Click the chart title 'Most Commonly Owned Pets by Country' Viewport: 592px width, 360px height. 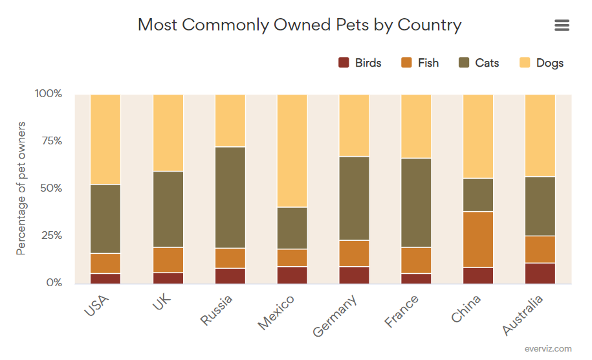click(x=300, y=25)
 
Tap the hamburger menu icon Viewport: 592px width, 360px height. click(x=562, y=25)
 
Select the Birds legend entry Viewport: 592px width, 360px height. click(x=360, y=63)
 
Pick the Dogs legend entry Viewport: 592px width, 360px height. click(x=542, y=63)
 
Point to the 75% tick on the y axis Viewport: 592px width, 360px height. click(x=49, y=141)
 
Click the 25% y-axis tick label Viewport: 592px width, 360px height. click(x=49, y=236)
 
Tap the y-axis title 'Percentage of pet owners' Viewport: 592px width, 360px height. click(x=21, y=188)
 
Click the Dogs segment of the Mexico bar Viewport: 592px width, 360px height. click(x=292, y=150)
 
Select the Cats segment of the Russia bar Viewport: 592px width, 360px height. click(x=230, y=197)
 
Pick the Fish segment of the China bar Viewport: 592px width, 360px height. click(x=478, y=240)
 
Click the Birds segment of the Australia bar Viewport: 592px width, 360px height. click(x=540, y=273)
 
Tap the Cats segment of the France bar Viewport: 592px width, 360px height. click(x=416, y=203)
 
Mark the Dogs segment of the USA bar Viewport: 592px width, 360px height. click(x=105, y=139)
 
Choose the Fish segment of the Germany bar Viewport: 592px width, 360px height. click(x=354, y=253)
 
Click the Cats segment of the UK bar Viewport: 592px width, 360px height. click(x=168, y=209)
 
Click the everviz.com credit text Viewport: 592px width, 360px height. click(x=549, y=349)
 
